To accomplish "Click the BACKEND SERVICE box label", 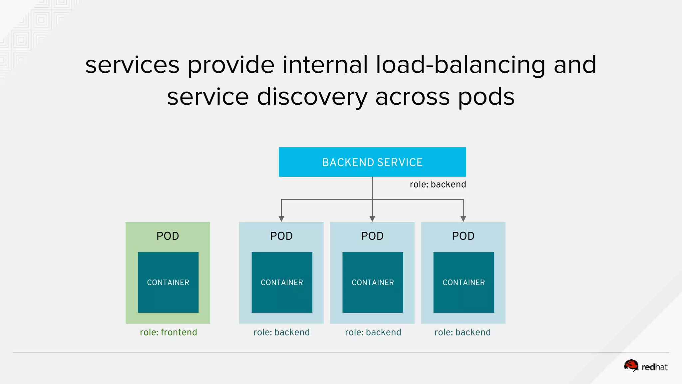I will point(372,162).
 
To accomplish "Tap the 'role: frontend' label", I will point(168,332).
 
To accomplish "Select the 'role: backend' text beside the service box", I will point(438,184).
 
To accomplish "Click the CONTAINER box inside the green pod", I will point(168,282).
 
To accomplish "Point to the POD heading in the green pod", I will point(168,236).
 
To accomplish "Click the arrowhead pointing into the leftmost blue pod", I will point(281,219).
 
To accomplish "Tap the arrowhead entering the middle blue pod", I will point(372,219).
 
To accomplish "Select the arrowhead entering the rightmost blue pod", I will point(463,219).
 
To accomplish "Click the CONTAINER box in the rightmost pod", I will point(464,282).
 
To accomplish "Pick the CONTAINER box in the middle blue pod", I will point(373,282).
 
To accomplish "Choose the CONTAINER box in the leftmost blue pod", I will point(282,282).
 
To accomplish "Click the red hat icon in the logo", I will point(631,365).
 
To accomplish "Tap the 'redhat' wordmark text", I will point(654,367).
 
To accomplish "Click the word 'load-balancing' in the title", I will point(460,65).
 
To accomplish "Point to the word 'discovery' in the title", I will point(312,97).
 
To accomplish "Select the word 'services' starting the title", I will point(132,65).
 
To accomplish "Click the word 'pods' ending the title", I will point(486,97).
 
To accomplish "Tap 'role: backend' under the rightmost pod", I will point(462,332).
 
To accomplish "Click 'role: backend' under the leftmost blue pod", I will point(281,332).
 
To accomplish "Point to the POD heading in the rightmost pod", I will point(463,236).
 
